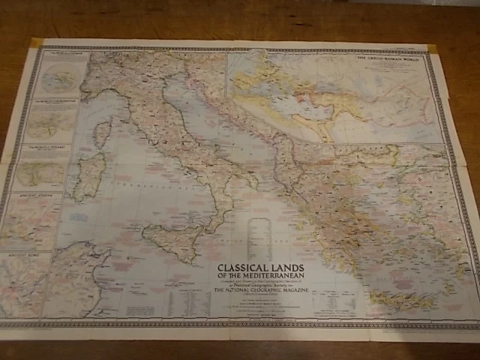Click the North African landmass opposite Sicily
82,281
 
